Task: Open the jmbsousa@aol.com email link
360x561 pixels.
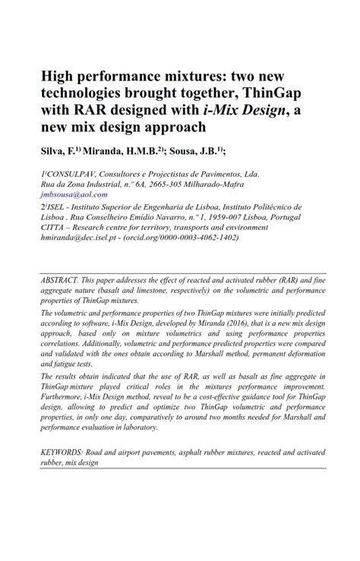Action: pyautogui.click(x=77, y=194)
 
